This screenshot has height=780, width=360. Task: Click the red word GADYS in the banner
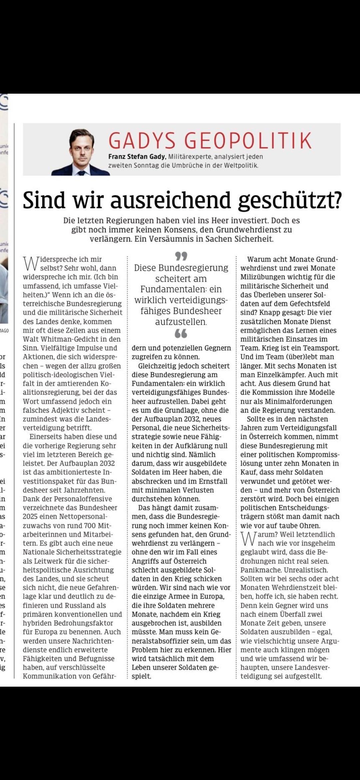point(142,140)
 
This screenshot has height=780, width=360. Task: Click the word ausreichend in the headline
point(171,200)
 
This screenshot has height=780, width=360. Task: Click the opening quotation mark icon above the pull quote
point(181,256)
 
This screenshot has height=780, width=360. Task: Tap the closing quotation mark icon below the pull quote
point(181,333)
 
